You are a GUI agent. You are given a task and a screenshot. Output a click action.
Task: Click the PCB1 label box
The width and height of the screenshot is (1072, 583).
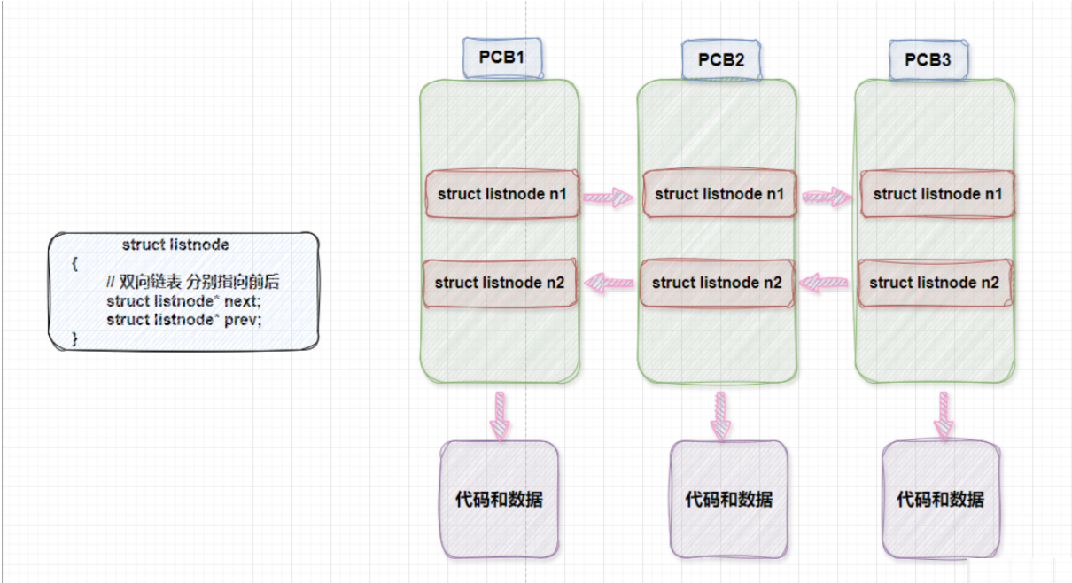tap(501, 58)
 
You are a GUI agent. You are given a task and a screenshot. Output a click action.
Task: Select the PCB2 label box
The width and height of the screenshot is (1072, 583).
tap(720, 59)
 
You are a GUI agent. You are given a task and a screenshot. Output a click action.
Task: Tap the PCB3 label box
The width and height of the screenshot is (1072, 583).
tap(928, 59)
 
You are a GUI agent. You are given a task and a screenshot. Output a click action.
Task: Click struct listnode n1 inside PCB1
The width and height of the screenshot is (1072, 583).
tap(502, 194)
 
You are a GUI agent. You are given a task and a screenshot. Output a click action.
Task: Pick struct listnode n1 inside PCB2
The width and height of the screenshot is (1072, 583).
tap(719, 194)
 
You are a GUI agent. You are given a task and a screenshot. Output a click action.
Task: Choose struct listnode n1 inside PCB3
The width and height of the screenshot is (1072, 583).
tap(937, 194)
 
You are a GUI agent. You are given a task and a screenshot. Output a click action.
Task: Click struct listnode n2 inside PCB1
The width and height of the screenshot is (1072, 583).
tap(500, 282)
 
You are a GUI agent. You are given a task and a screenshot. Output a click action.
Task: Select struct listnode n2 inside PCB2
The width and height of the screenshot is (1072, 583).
tap(717, 282)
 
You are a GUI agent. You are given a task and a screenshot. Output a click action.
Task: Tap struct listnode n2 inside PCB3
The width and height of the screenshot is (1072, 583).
tap(934, 282)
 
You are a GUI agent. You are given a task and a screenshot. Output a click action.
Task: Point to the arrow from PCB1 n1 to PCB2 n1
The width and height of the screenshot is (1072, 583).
tap(608, 195)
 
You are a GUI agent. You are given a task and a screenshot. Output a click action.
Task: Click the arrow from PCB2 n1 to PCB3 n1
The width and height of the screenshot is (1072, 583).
tap(827, 195)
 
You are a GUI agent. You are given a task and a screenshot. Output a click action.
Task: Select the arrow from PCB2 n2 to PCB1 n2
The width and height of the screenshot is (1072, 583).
tap(610, 283)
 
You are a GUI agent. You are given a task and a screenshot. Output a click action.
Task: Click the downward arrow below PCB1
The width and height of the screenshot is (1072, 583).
tap(501, 414)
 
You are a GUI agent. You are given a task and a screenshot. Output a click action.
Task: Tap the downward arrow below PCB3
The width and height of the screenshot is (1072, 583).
tap(944, 414)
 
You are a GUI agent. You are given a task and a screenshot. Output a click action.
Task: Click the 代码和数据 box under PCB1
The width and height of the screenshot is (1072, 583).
tap(499, 499)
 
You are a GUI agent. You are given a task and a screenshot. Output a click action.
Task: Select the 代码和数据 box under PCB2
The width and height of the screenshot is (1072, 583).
tap(728, 499)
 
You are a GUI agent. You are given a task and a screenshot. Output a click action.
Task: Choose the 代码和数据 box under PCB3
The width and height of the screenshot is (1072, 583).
tap(940, 499)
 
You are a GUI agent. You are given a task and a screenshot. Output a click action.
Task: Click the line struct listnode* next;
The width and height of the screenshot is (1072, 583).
tap(184, 301)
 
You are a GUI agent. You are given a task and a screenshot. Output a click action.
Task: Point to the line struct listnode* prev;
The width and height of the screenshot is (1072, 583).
tap(184, 320)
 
